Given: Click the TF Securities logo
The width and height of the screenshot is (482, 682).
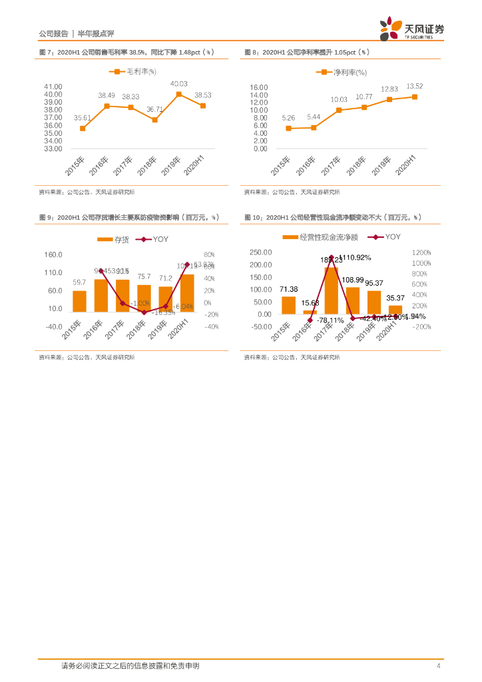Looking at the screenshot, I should pyautogui.click(x=411, y=29).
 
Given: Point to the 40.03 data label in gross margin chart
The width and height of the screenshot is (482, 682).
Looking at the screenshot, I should pyautogui.click(x=178, y=84).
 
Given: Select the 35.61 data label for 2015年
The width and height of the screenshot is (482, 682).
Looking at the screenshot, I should pyautogui.click(x=83, y=117).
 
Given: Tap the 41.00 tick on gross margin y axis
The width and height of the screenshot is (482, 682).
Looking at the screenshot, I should pyautogui.click(x=53, y=87).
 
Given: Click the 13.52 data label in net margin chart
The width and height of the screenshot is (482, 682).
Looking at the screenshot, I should pyautogui.click(x=415, y=86).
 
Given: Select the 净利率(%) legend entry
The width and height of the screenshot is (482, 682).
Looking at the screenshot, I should pyautogui.click(x=344, y=71).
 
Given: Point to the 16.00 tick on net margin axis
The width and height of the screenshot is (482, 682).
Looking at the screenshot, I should pyautogui.click(x=258, y=87).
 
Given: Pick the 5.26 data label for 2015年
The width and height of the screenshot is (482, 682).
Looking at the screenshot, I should pyautogui.click(x=288, y=117).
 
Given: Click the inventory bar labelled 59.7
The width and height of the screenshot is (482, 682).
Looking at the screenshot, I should pyautogui.click(x=79, y=301).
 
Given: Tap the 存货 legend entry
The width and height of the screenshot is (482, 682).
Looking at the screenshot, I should pyautogui.click(x=114, y=239).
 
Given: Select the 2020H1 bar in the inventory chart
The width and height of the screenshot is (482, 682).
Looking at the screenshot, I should pyautogui.click(x=187, y=292).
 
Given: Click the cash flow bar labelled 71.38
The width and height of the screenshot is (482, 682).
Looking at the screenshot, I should pyautogui.click(x=288, y=305).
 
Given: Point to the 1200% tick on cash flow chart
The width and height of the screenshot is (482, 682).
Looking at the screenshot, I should pyautogui.click(x=421, y=252).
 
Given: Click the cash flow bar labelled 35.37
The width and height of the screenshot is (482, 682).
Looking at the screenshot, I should pyautogui.click(x=395, y=310).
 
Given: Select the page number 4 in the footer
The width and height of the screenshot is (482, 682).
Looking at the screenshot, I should pyautogui.click(x=438, y=666).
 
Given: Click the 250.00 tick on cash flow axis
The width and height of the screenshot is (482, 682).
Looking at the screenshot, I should pyautogui.click(x=260, y=252).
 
